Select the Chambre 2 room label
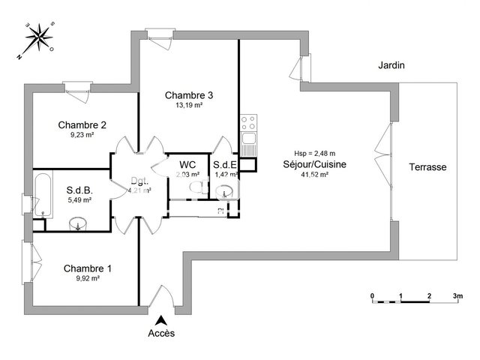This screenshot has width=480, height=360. (82, 125)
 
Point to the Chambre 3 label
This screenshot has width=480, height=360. (189, 95)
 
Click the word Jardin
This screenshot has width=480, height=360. (391, 66)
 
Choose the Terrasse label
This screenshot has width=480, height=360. (427, 167)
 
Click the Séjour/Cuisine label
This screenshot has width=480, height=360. (314, 165)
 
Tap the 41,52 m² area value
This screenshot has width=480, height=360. (314, 175)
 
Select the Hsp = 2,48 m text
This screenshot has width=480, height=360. (314, 154)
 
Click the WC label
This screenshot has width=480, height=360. (187, 165)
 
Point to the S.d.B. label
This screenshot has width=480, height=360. (79, 190)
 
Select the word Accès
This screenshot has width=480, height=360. (162, 333)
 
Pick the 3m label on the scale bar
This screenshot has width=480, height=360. (457, 297)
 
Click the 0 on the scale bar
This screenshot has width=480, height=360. (373, 297)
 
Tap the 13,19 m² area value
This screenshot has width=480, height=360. (189, 105)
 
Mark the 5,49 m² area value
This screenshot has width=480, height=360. (79, 200)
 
